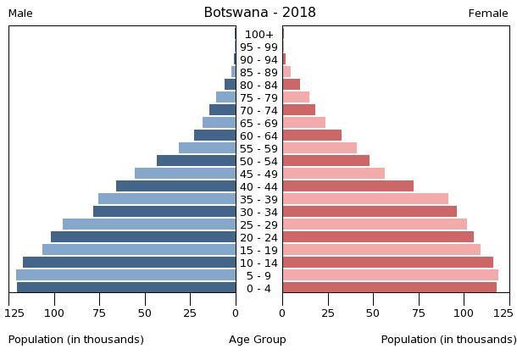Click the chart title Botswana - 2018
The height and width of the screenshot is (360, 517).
click(x=259, y=13)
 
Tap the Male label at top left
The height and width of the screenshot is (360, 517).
click(x=20, y=14)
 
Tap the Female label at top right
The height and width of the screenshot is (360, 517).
click(x=488, y=14)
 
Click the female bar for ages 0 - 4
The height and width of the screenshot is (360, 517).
click(x=389, y=288)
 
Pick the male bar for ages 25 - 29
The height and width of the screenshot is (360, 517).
click(x=149, y=224)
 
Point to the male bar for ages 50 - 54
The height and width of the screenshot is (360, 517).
click(x=196, y=161)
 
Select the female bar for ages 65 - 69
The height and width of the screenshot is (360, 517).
click(x=303, y=123)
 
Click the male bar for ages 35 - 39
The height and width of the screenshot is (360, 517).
click(x=167, y=199)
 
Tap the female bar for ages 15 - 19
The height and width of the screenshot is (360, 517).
click(x=381, y=250)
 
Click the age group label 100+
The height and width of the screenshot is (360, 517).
click(x=258, y=35)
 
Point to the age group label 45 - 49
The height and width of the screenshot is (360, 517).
click(x=258, y=174)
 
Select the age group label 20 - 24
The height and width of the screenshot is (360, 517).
click(x=258, y=238)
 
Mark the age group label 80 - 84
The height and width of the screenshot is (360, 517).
click(x=258, y=86)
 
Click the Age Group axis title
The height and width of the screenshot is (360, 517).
click(x=258, y=340)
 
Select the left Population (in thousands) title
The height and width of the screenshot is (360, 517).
click(x=76, y=340)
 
